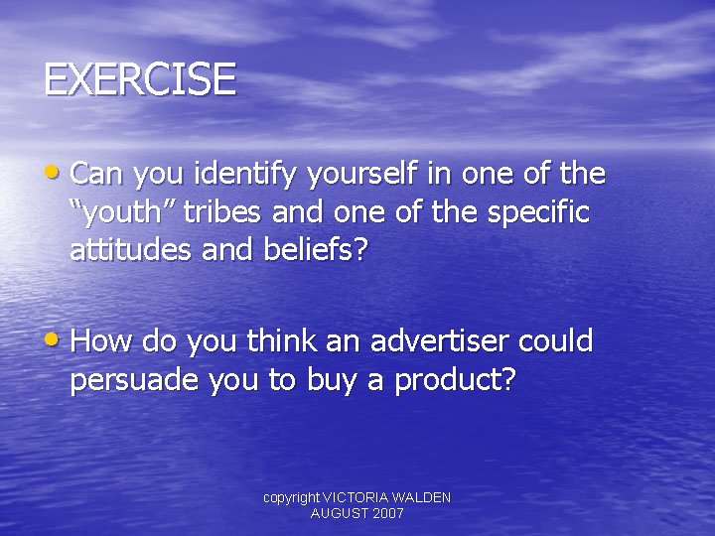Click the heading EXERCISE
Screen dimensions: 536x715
pos(140,79)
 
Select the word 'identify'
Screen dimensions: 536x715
pos(248,175)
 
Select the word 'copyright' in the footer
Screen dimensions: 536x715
pos(291,497)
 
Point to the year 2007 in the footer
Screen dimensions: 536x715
pos(386,513)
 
